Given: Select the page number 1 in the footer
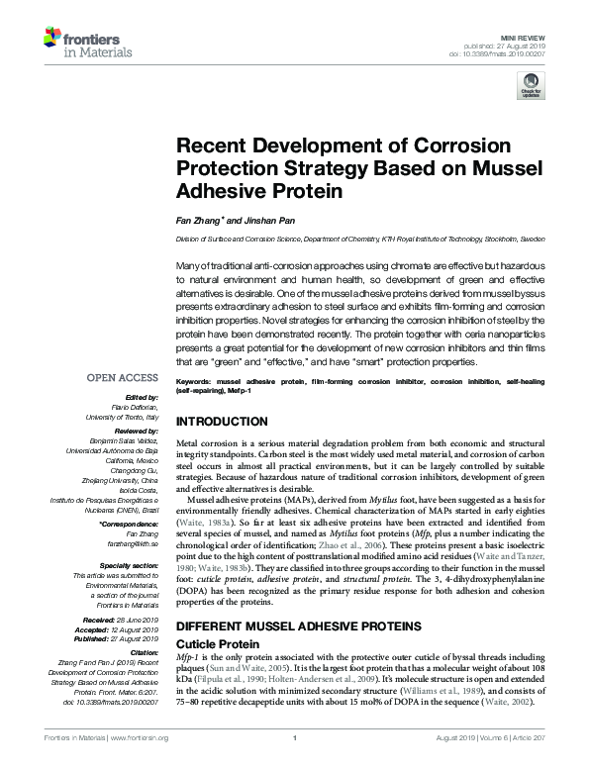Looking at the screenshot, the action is click(294, 764).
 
